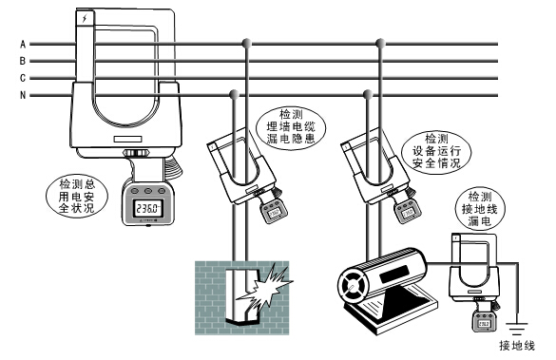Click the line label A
[x=23, y=45]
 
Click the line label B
[x=23, y=61]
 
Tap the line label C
[x=23, y=78]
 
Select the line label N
[x=23, y=95]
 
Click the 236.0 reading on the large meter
[x=148, y=208]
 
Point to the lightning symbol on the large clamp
[x=85, y=18]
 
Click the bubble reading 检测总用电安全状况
[x=77, y=196]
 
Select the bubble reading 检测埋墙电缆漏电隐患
[x=291, y=126]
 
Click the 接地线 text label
[x=517, y=346]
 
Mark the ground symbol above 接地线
[x=517, y=329]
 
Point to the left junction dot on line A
[x=246, y=44]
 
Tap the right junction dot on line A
[x=380, y=44]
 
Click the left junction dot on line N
[x=234, y=94]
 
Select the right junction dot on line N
[x=368, y=94]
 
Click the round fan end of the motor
[x=352, y=286]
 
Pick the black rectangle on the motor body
[x=393, y=274]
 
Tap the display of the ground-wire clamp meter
[x=484, y=324]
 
